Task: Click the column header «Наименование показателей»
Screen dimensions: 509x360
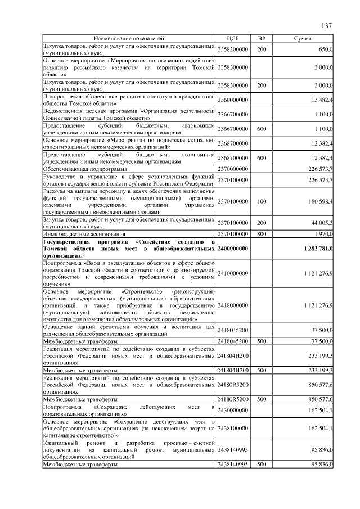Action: (129, 38)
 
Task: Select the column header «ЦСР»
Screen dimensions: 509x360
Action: (233, 38)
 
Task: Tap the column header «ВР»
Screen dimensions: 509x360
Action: (262, 38)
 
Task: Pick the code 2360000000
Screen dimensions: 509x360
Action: (233, 100)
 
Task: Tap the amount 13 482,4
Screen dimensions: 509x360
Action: (322, 100)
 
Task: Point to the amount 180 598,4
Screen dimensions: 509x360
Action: (321, 201)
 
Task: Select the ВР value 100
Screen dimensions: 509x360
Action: (262, 201)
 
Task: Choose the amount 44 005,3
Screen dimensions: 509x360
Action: (322, 223)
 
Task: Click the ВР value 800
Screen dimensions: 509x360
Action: (262, 233)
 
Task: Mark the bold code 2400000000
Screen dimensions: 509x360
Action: (233, 248)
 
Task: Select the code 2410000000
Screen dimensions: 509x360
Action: (233, 273)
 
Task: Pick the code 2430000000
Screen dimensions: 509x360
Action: (233, 410)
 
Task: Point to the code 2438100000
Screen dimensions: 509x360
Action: (233, 429)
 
